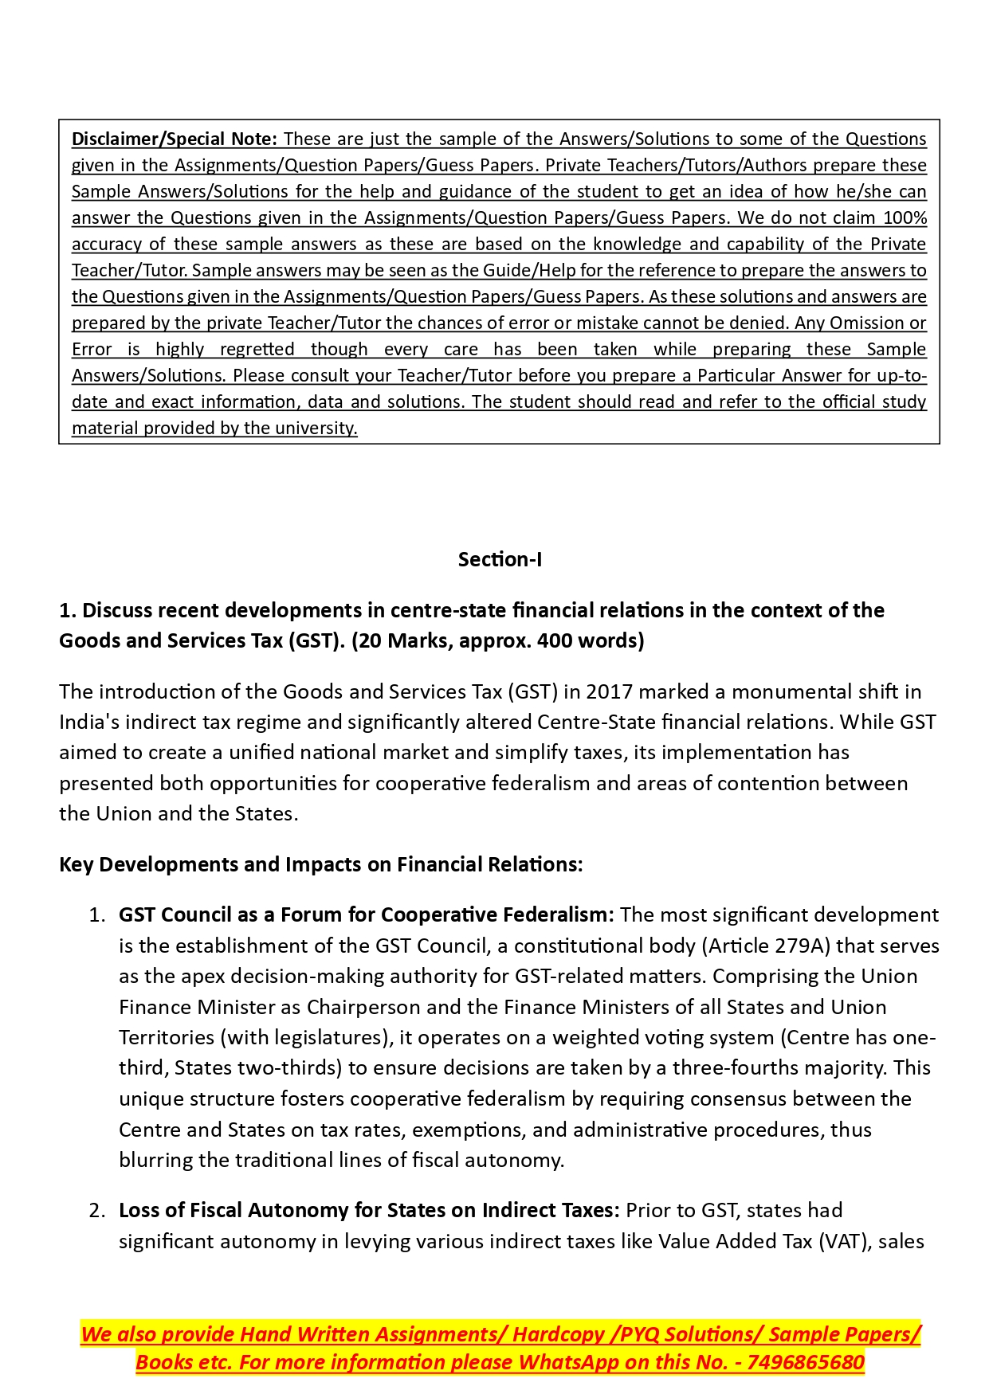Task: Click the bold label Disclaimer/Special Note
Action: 174,139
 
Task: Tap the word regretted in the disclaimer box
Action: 257,349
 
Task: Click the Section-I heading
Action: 500,559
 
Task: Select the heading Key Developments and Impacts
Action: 321,864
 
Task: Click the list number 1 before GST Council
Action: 96,915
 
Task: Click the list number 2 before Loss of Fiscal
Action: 96,1211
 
